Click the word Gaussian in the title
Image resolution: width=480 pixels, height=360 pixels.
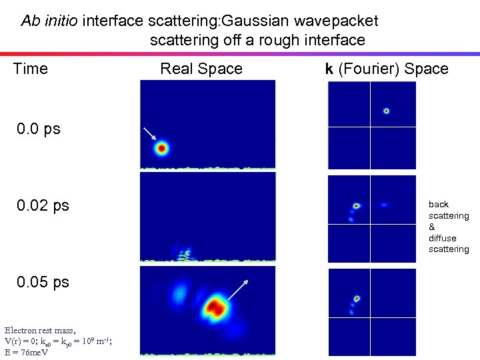tap(258, 21)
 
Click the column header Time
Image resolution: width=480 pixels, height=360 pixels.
tap(31, 69)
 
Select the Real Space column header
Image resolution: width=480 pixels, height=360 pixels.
tap(201, 69)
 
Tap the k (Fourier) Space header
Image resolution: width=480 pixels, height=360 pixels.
tap(387, 69)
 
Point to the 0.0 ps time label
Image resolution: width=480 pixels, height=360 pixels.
tap(39, 129)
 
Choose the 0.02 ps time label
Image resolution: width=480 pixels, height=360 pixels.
tap(43, 205)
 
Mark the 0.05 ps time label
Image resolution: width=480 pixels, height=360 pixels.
tap(43, 281)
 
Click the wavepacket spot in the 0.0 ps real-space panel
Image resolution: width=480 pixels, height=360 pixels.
tap(161, 149)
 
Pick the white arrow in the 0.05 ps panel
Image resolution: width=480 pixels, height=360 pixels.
tap(238, 291)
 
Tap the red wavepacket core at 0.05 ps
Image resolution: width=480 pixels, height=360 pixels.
tap(215, 307)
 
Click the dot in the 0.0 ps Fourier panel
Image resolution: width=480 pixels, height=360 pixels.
tap(386, 111)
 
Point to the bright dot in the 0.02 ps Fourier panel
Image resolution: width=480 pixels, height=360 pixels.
tap(357, 206)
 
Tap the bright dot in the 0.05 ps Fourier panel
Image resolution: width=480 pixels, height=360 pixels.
tap(357, 299)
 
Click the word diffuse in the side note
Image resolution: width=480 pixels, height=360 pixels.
tap(443, 238)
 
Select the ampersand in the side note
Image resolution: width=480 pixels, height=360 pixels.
tap(432, 227)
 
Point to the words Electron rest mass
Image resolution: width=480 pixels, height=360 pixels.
tap(40, 330)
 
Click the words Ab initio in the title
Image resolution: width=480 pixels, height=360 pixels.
tap(51, 21)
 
